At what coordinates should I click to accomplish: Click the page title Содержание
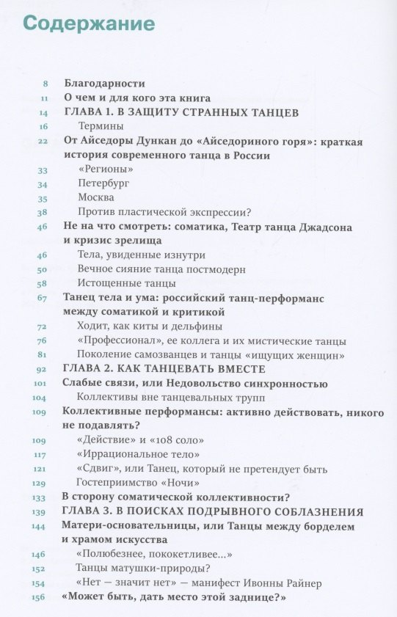[89, 23]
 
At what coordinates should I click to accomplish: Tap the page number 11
[44, 98]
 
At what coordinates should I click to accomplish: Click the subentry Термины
[100, 126]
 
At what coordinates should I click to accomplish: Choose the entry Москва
[95, 197]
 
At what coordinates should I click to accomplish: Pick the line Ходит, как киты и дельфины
[149, 326]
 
